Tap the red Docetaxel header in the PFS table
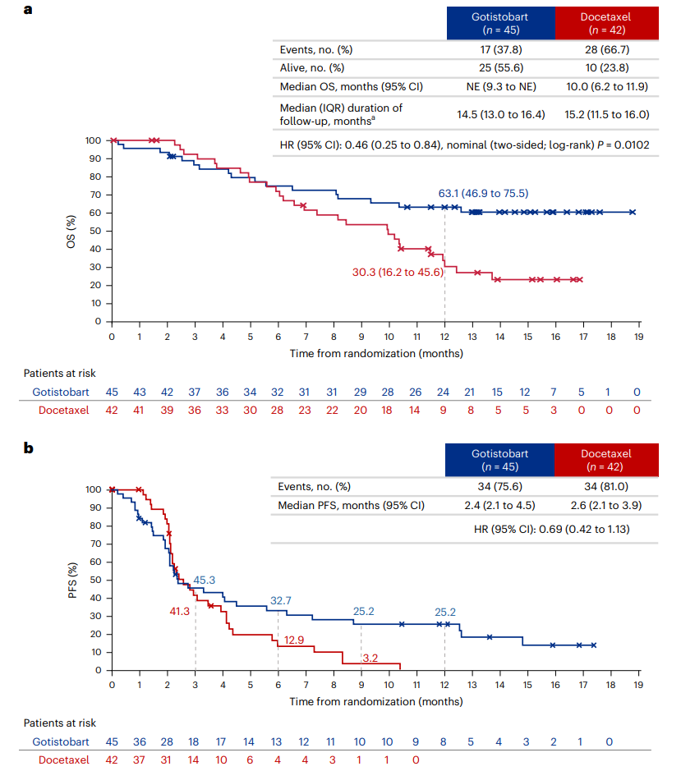pyautogui.click(x=608, y=459)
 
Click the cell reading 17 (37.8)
pyautogui.click(x=500, y=49)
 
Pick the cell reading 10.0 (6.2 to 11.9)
pyautogui.click(x=608, y=86)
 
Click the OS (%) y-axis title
pyautogui.click(x=72, y=230)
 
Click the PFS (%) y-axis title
pyautogui.click(x=72, y=579)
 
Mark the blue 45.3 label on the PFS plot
pyautogui.click(x=205, y=580)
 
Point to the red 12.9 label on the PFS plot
pyautogui.click(x=295, y=640)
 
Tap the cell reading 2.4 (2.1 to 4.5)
pyautogui.click(x=500, y=505)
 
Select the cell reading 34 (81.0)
pyautogui.click(x=608, y=486)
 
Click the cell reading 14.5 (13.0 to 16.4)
pyautogui.click(x=500, y=115)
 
